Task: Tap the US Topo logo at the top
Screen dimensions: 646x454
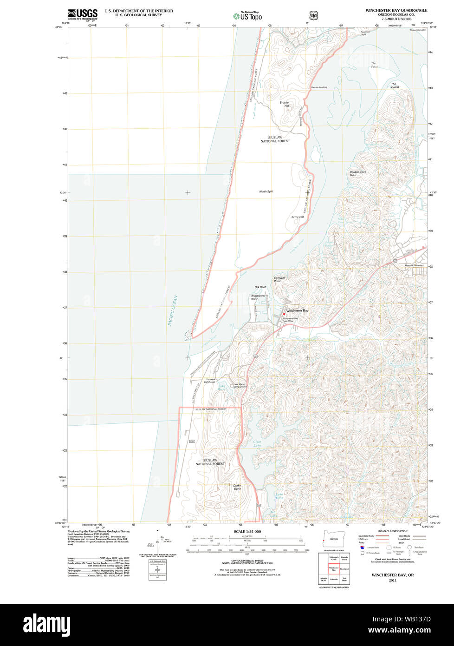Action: pyautogui.click(x=247, y=16)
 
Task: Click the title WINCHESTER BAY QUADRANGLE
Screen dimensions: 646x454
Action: pyautogui.click(x=396, y=10)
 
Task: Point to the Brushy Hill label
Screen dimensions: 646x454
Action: pyautogui.click(x=284, y=104)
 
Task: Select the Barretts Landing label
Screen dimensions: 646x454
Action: pyautogui.click(x=319, y=87)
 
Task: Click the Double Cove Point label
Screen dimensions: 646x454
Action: pyautogui.click(x=357, y=173)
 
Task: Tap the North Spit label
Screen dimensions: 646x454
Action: pyautogui.click(x=266, y=191)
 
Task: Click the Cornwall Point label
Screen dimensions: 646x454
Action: pyautogui.click(x=279, y=279)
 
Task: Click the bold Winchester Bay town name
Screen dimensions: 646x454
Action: pyautogui.click(x=297, y=310)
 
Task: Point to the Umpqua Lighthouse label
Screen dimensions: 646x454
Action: pyautogui.click(x=210, y=381)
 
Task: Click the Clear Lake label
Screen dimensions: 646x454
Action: pyautogui.click(x=257, y=443)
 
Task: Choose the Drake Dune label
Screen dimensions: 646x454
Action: pyautogui.click(x=237, y=487)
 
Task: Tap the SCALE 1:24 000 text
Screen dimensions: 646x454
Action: pyautogui.click(x=247, y=532)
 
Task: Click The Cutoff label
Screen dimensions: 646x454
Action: pyautogui.click(x=395, y=86)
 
